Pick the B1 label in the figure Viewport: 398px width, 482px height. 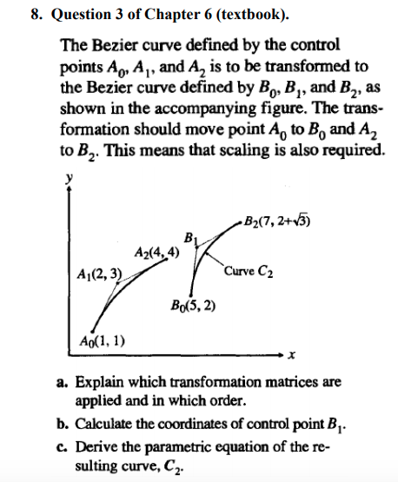coord(190,235)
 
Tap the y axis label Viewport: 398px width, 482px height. coord(67,177)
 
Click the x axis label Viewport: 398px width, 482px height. coord(292,355)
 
